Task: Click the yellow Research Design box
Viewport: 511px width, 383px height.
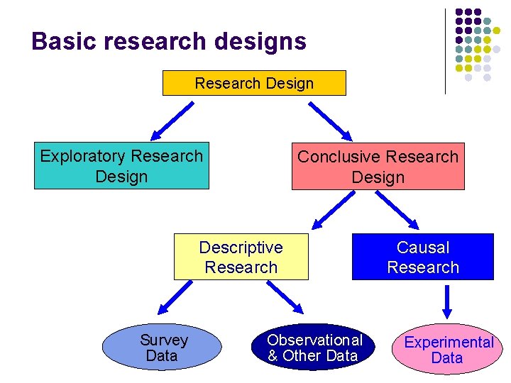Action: point(254,83)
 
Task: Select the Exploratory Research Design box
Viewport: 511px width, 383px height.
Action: point(121,167)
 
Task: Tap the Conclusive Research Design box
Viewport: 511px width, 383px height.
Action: point(378,167)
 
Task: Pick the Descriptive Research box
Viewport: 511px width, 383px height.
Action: point(241,257)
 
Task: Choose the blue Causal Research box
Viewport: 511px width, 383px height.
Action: point(423,257)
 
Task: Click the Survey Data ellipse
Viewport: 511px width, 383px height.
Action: point(163,348)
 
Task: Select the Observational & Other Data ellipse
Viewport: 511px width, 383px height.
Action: point(314,348)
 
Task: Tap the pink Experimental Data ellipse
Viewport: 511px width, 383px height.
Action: point(448,350)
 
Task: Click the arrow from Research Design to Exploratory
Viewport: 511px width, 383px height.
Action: point(171,120)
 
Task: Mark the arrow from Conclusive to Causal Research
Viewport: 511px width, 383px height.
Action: point(399,209)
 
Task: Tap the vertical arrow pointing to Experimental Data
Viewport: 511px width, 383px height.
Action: point(447,301)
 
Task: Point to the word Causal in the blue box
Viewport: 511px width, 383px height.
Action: point(423,248)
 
